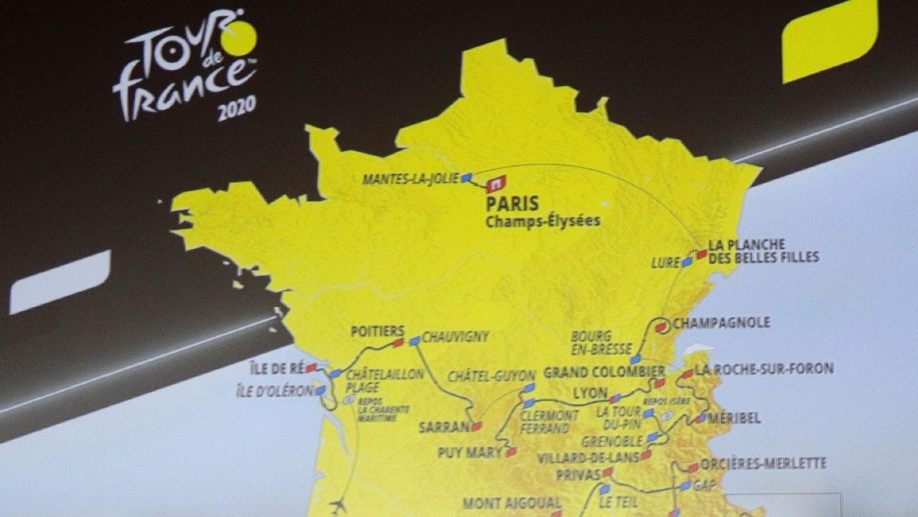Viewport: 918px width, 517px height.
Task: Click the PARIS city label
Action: [x=512, y=203]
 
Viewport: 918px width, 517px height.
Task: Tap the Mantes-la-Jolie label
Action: [x=411, y=179]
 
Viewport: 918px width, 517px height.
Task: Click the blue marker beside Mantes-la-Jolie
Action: [x=467, y=177]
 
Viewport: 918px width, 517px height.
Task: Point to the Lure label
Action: [x=665, y=263]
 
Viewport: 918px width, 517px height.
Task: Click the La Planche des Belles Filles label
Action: [x=763, y=251]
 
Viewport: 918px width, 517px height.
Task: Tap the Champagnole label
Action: [x=721, y=322]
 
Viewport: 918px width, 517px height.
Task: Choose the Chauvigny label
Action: [x=455, y=337]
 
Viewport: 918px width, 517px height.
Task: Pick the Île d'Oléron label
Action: [x=275, y=391]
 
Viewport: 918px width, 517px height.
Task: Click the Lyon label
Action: [x=590, y=393]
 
